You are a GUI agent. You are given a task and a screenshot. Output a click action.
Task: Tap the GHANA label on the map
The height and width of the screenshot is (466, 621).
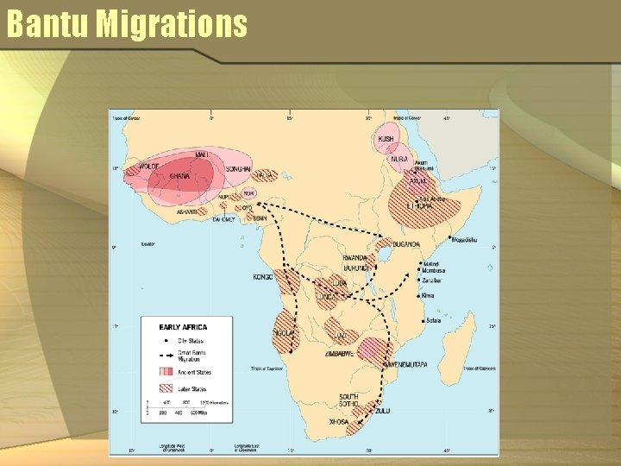(x=179, y=176)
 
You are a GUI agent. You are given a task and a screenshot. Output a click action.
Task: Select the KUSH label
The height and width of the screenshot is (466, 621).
(x=386, y=139)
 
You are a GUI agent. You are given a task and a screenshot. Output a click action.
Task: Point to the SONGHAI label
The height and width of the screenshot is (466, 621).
(x=238, y=169)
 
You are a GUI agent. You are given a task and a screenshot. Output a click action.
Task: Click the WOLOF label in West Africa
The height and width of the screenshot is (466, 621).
(x=150, y=167)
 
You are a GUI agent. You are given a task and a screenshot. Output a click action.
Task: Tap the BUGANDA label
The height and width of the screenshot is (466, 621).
(x=405, y=244)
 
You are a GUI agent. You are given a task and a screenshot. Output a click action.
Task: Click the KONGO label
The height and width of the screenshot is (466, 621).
(x=262, y=277)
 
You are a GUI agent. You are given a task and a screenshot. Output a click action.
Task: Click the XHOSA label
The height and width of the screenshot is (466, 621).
(x=339, y=422)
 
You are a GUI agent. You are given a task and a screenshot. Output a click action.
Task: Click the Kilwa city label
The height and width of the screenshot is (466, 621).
(x=428, y=295)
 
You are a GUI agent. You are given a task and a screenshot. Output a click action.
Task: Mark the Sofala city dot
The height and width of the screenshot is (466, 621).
(x=423, y=320)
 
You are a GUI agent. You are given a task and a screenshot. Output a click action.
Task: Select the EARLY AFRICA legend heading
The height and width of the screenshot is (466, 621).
(x=182, y=327)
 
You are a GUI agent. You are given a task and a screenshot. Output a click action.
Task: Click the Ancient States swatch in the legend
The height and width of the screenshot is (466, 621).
(x=165, y=372)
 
